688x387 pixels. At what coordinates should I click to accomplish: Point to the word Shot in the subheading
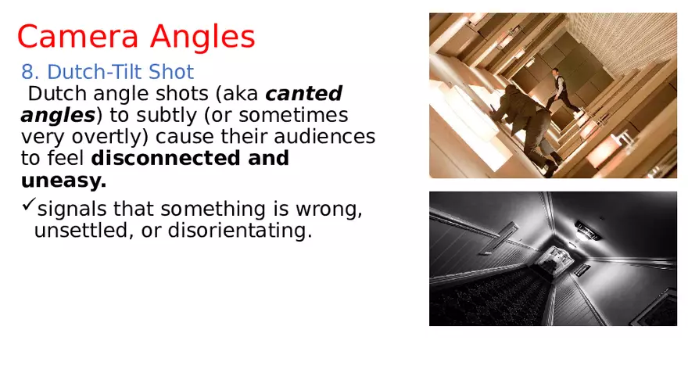171,73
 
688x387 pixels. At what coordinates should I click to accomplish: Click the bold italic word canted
303,94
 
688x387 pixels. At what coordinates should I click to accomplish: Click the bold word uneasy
63,181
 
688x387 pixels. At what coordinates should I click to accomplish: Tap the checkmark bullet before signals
28,207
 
